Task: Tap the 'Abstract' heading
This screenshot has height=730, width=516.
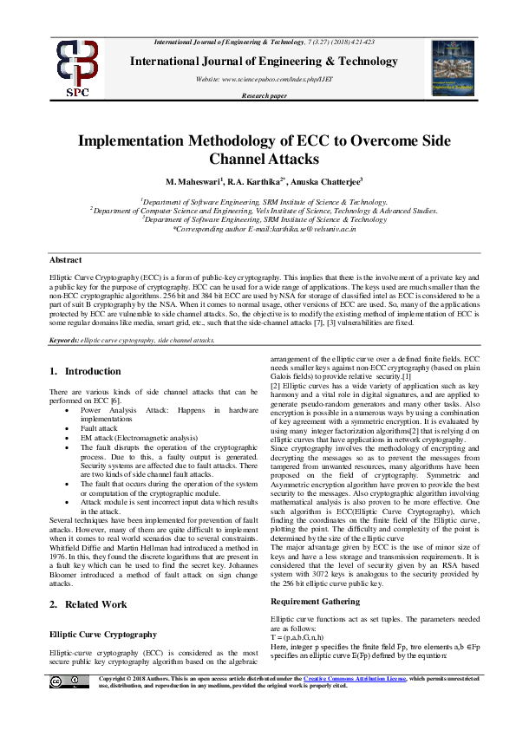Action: [x=65, y=259]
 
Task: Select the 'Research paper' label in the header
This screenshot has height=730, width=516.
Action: [x=264, y=95]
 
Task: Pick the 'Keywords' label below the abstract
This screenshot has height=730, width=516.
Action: [x=64, y=341]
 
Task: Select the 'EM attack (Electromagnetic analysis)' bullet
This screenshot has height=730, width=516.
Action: [x=134, y=439]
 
